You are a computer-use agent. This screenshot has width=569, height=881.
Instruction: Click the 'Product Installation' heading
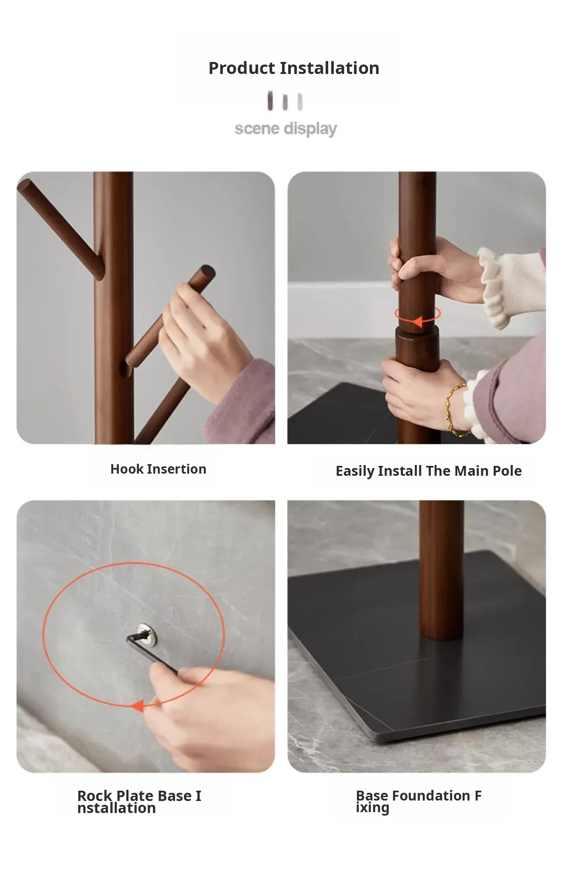click(x=294, y=68)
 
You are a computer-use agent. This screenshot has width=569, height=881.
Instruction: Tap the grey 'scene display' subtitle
click(x=286, y=129)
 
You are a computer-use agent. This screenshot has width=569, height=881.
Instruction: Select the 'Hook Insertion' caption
click(x=158, y=469)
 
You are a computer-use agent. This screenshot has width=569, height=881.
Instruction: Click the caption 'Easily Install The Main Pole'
click(x=428, y=471)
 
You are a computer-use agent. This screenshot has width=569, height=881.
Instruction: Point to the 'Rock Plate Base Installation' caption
click(x=139, y=801)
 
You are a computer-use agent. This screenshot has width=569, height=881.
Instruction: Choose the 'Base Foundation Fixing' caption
click(x=418, y=801)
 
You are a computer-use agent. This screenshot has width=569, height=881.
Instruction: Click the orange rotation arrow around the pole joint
click(x=418, y=316)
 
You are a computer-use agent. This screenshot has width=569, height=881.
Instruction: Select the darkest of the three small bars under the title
click(x=270, y=101)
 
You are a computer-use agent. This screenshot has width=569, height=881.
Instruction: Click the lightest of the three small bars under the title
click(x=300, y=102)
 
